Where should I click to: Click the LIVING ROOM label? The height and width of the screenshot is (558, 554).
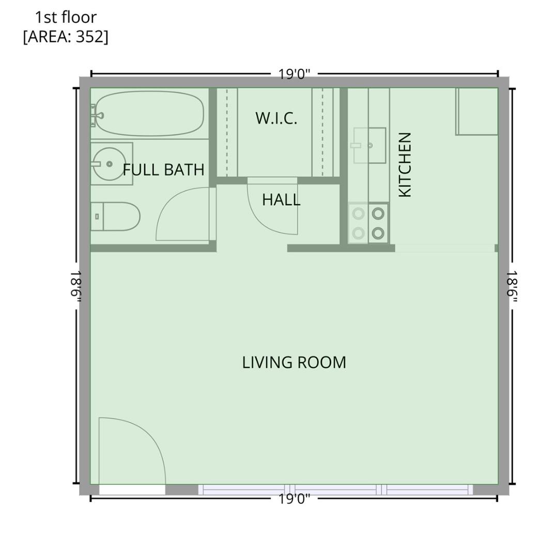coord(294,362)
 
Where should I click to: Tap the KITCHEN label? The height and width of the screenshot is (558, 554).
coord(405,164)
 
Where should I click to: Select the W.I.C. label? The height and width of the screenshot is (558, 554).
coord(276,118)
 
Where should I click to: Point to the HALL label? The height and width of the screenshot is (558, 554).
coord(281,200)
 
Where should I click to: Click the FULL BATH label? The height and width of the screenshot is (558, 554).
coord(163,169)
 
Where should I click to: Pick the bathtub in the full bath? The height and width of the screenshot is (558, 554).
coord(149,114)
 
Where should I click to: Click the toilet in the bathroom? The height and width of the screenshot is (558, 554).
coord(116,216)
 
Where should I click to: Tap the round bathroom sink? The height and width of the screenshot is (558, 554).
coord(109,164)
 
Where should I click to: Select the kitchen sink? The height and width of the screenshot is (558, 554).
coord(369,146)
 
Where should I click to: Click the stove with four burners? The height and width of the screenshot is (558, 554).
coord(368,223)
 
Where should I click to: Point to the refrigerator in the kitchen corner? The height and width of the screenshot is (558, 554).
coord(476,112)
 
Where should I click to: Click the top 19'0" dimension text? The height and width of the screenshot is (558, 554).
coord(294,74)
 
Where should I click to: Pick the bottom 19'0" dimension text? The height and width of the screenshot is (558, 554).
coord(294,499)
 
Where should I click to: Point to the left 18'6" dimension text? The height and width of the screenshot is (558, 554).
coord(76,287)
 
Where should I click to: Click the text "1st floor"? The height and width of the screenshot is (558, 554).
coord(66,18)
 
